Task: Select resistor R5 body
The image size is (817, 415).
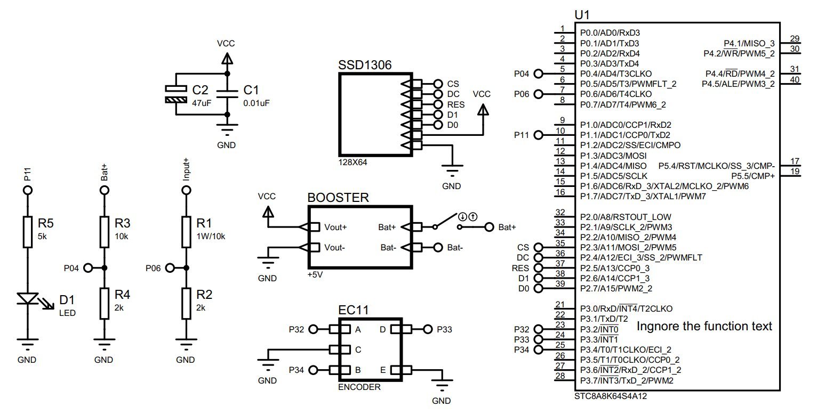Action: (27, 231)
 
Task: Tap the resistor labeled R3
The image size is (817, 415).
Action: (104, 231)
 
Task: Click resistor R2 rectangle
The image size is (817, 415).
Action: (186, 303)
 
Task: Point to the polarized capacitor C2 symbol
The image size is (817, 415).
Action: (175, 94)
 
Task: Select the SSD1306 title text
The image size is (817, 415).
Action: (365, 65)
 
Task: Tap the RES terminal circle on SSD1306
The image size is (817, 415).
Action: (438, 104)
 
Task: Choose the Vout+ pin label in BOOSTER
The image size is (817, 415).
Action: (335, 227)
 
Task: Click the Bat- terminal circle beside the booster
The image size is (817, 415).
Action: (438, 247)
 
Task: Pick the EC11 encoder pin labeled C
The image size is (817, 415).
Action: (358, 349)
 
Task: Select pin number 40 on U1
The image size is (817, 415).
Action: (794, 79)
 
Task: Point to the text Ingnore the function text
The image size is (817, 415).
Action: (704, 326)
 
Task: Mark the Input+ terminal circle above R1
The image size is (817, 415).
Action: (186, 190)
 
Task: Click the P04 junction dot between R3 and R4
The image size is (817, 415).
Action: (104, 268)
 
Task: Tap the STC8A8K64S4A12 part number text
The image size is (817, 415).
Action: (611, 396)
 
